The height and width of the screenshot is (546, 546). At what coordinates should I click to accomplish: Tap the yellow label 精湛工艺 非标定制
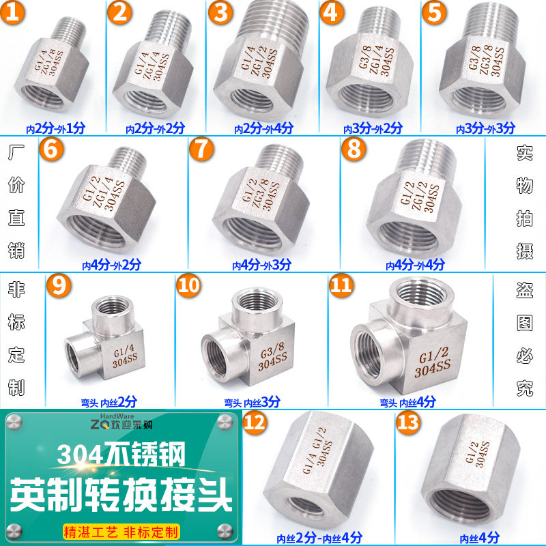tap(120, 530)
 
